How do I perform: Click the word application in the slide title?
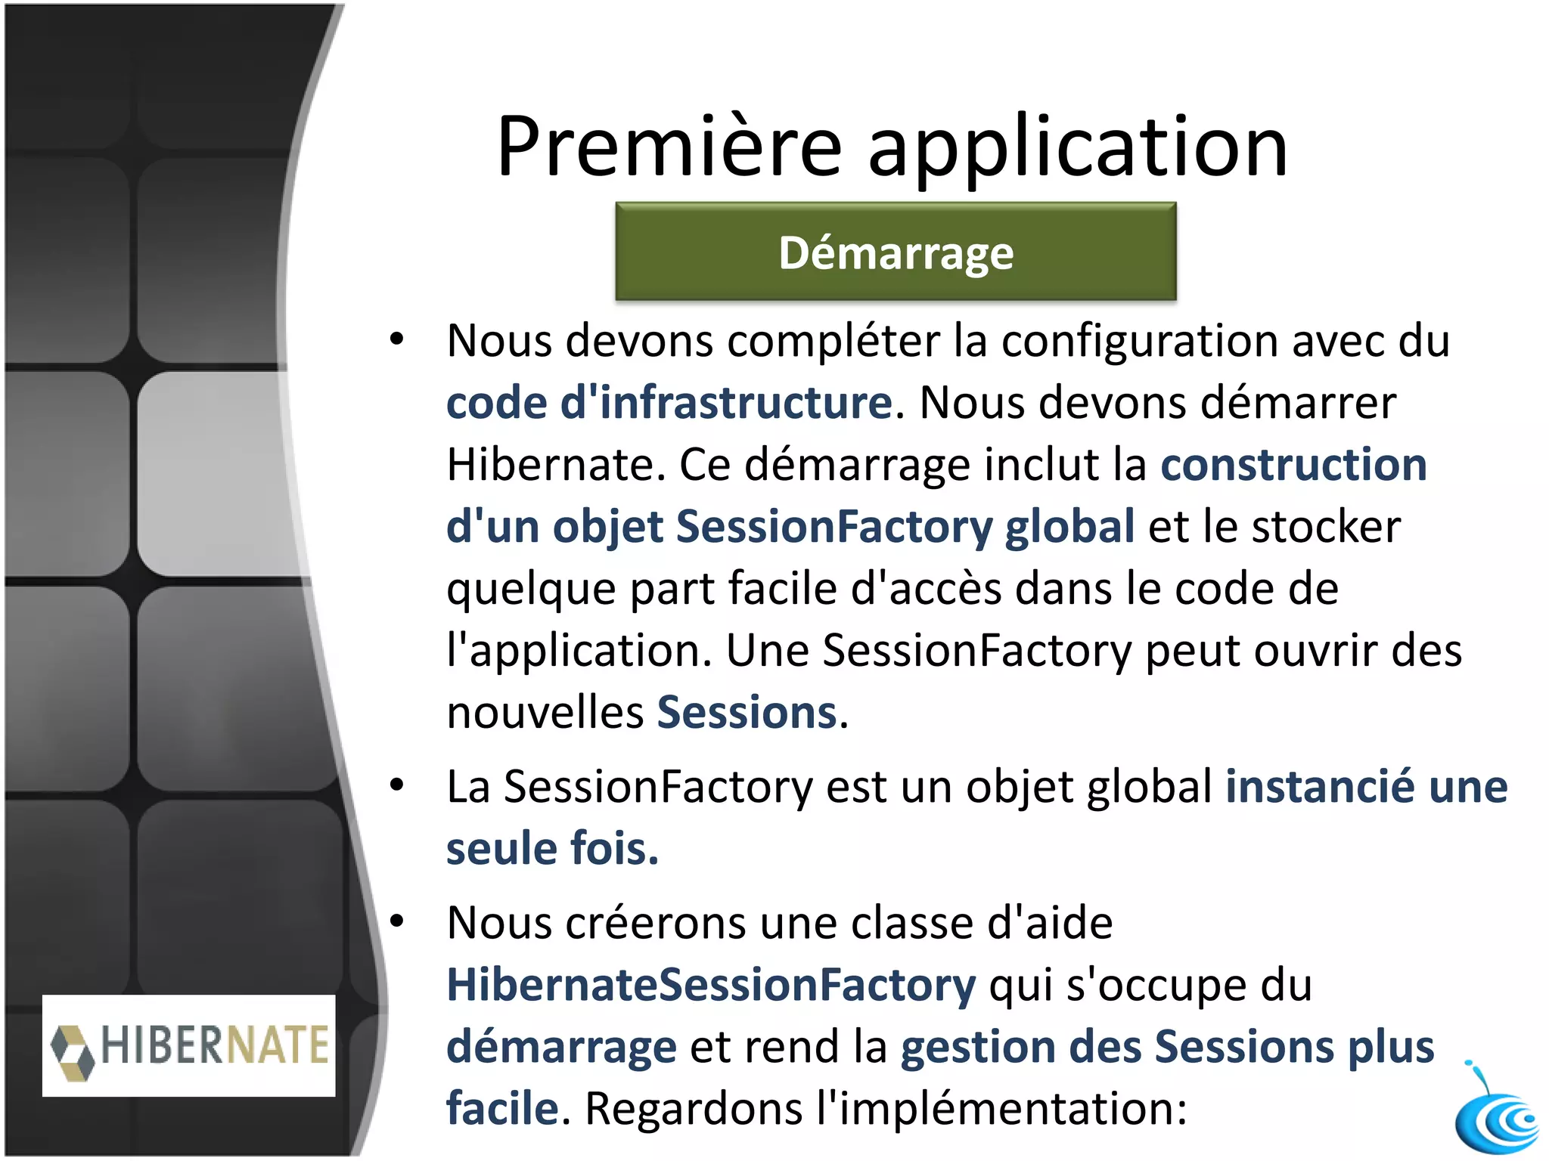(x=1077, y=147)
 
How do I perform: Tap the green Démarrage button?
(x=896, y=252)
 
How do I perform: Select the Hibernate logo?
(x=189, y=1045)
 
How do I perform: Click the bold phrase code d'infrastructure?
(x=669, y=402)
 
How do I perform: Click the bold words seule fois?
(x=552, y=849)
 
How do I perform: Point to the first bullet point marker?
(x=397, y=339)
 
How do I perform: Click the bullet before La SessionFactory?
(x=397, y=786)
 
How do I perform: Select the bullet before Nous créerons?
(x=397, y=922)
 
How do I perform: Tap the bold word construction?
(x=1293, y=464)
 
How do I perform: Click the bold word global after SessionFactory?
(x=1069, y=526)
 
